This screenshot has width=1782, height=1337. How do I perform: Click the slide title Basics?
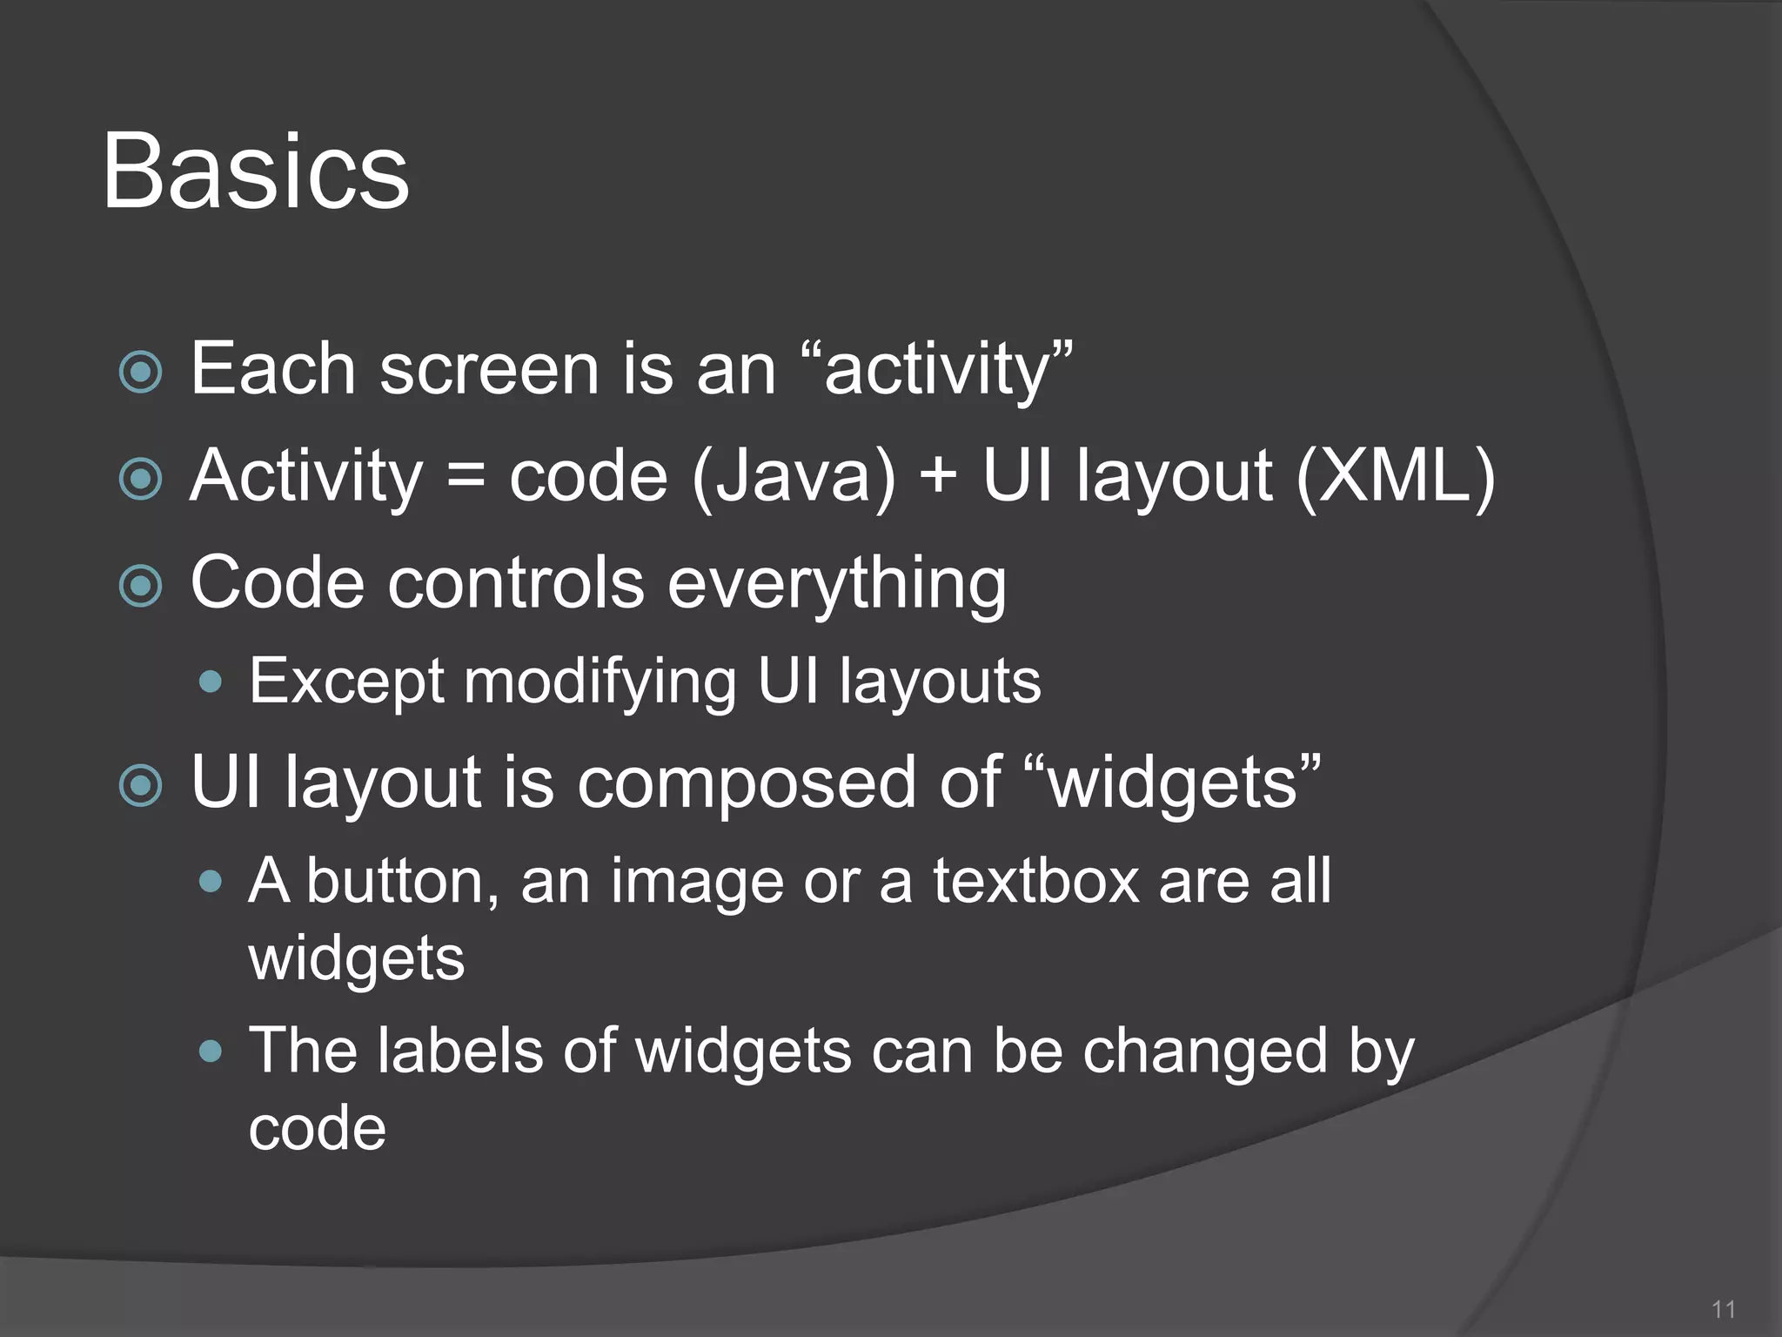(x=255, y=171)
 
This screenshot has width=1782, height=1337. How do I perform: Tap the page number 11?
(x=1723, y=1309)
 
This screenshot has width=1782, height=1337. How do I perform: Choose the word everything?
(x=836, y=583)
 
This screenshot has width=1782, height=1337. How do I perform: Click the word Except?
(x=346, y=682)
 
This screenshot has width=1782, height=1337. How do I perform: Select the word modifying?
(x=600, y=682)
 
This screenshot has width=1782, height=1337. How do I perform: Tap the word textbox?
(x=1035, y=881)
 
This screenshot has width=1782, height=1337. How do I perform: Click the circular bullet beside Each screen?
(x=141, y=373)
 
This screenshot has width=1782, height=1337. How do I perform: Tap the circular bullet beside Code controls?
(x=141, y=586)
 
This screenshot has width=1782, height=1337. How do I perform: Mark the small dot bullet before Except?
(x=211, y=682)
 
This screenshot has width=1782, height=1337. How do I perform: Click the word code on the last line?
(x=317, y=1129)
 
